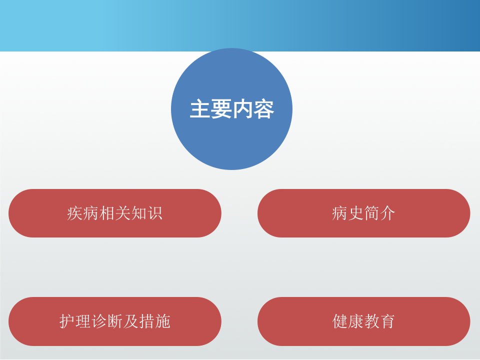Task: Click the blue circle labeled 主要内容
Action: point(231,109)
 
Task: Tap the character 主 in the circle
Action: point(200,109)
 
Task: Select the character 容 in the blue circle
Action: point(263,109)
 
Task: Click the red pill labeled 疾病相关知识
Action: point(115,213)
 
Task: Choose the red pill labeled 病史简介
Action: point(363,213)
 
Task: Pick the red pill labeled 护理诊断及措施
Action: point(115,321)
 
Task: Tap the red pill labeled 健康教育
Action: point(363,321)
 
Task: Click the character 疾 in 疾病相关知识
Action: point(74,213)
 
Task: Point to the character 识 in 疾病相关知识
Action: point(154,213)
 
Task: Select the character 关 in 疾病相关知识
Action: point(123,213)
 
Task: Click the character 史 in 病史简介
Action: point(355,213)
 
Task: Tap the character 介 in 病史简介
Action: point(387,213)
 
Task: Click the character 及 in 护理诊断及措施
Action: point(130,321)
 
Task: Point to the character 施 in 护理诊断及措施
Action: point(162,321)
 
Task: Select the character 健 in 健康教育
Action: point(340,321)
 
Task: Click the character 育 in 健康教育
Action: point(387,321)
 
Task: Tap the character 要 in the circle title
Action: point(221,109)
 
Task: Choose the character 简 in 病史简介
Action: point(371,213)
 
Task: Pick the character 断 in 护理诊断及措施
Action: point(115,321)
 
